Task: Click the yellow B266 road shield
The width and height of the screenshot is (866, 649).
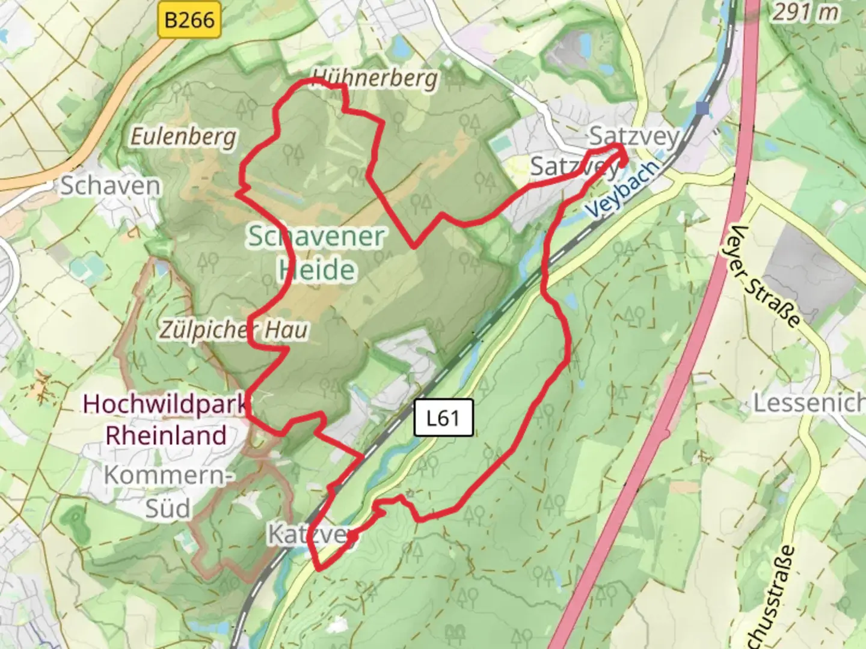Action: [189, 20]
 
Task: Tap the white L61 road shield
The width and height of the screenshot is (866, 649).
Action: [444, 418]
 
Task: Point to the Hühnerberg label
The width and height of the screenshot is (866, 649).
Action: [375, 78]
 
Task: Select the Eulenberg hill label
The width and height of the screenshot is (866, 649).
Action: [184, 137]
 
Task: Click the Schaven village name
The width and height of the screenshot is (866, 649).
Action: [111, 186]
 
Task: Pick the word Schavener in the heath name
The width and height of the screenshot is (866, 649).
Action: [316, 236]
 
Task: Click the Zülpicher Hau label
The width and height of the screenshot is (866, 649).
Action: [234, 329]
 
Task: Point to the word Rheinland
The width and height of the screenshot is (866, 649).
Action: [166, 435]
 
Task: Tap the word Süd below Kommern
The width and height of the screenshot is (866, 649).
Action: [168, 508]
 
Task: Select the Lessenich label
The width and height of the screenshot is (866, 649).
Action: [809, 403]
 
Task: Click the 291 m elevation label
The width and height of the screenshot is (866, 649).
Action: [806, 12]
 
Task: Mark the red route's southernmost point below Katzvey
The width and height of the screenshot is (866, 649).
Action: [319, 567]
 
